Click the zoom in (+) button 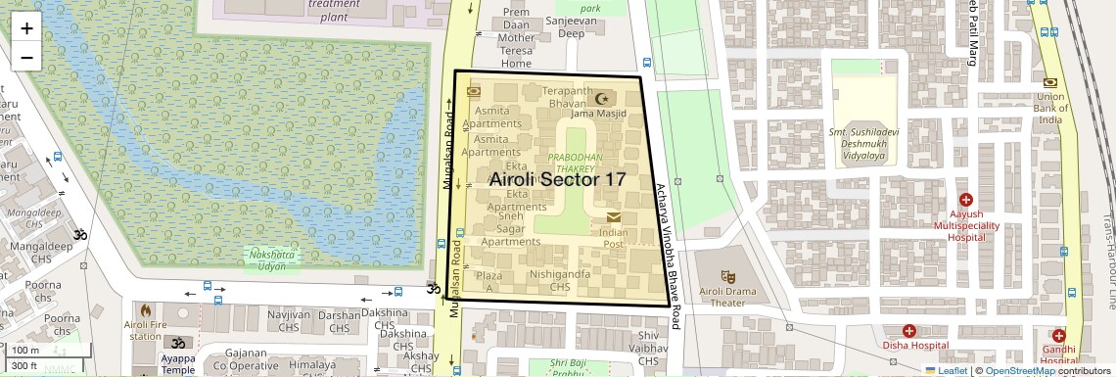[26, 27]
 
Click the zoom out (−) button [26, 57]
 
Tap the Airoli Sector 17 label [556, 179]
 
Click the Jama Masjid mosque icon [603, 98]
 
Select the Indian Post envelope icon [613, 216]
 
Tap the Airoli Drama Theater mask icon [726, 278]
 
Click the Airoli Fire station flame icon [146, 310]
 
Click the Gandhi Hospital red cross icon [1058, 335]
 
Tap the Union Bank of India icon [1049, 83]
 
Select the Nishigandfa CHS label [559, 281]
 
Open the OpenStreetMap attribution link [1019, 370]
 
